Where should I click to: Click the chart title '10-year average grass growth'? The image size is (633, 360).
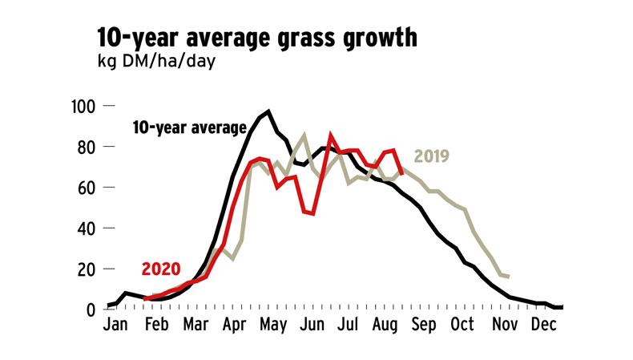(x=256, y=38)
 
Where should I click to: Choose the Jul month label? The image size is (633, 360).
(x=347, y=327)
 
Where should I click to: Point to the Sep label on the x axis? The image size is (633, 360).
(x=424, y=327)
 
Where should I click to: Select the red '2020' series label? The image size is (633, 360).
(x=161, y=269)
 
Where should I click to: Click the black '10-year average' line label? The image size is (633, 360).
(x=189, y=127)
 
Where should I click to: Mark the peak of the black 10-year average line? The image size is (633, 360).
(x=268, y=111)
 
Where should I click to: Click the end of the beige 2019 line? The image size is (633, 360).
(x=509, y=277)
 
